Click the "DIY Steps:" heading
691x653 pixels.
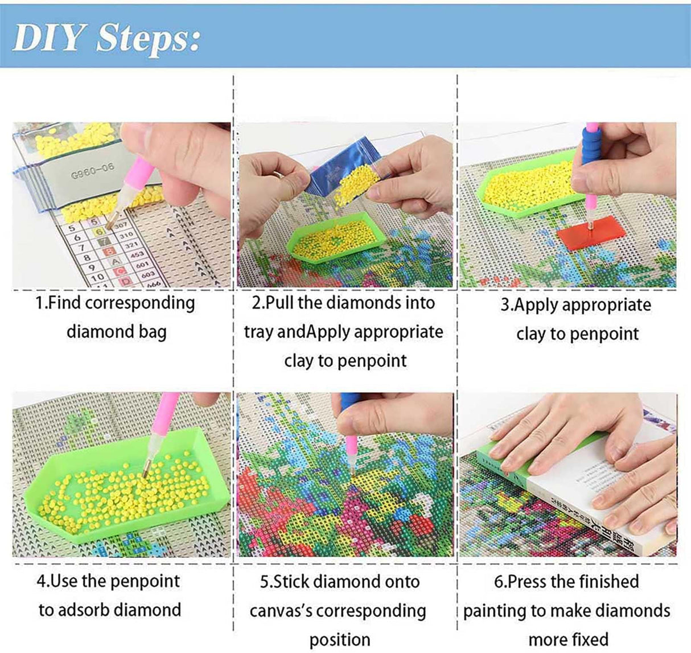[x=106, y=38]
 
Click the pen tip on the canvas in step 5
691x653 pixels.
[x=352, y=471]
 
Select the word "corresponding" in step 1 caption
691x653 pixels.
[x=140, y=303]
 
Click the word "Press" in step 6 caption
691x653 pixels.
[x=527, y=582]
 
